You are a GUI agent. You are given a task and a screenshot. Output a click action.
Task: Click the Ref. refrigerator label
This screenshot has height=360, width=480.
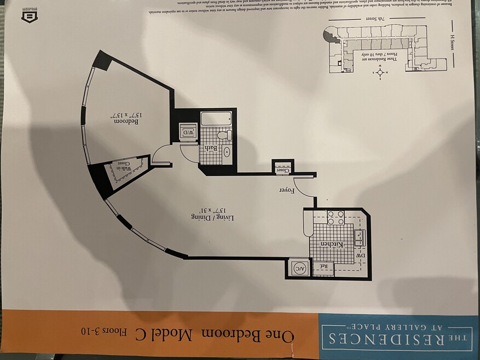coord(323,266)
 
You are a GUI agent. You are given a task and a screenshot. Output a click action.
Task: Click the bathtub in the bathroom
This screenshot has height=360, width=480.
coord(218,119)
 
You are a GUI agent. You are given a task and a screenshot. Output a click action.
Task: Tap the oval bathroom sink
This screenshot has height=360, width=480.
coord(227,152)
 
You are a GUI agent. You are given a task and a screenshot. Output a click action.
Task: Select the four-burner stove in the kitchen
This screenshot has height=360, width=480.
coord(334,218)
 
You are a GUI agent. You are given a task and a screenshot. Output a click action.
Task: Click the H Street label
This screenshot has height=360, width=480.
coord(453,49)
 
